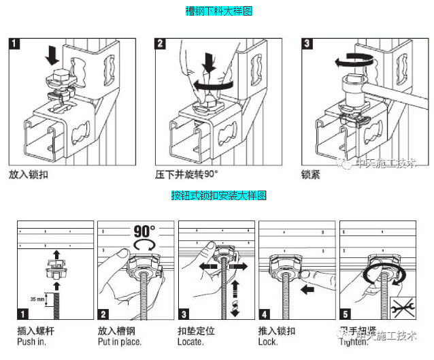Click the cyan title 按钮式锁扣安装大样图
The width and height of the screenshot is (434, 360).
pos(218,196)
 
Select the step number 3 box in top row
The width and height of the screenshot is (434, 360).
pos(307,44)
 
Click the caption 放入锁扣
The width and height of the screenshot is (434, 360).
pos(28,174)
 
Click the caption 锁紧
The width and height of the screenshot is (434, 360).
pos(311,174)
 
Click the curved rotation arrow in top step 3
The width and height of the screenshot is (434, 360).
pos(354,61)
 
